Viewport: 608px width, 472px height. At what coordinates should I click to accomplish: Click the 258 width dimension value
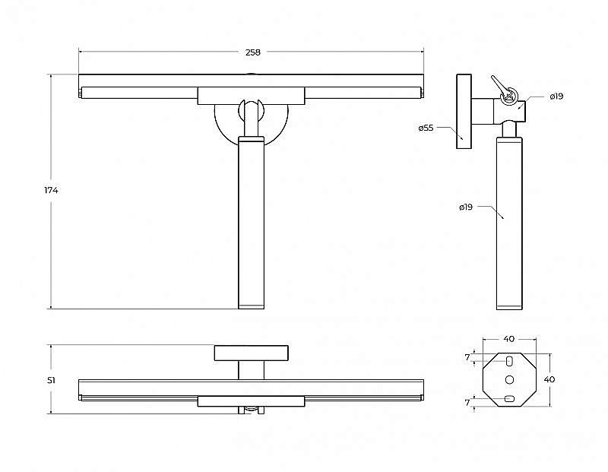pos(253,52)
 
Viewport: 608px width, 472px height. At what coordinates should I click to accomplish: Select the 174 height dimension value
pos(51,191)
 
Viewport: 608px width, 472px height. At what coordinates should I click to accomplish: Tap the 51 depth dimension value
pos(51,381)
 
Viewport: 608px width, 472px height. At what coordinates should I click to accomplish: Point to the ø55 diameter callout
pos(426,128)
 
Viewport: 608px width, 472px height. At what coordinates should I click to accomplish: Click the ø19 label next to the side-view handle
pos(466,207)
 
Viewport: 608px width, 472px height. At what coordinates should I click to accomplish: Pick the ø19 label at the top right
pos(556,97)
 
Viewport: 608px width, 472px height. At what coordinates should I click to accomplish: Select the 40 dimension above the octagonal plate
pos(508,339)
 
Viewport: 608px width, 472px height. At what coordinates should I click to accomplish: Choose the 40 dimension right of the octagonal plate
pos(549,379)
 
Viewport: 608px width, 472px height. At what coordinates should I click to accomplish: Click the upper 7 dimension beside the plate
pos(467,357)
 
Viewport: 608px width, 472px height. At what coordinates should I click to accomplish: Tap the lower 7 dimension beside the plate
pos(467,403)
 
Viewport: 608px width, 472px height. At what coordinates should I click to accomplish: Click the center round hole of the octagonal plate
pos(509,379)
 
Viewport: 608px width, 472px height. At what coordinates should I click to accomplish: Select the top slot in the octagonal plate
pos(509,361)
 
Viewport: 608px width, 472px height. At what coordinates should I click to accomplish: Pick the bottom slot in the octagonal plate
pos(509,398)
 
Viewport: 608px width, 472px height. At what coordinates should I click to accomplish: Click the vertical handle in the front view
pos(252,223)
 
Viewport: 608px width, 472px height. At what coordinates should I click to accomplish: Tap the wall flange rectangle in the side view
pos(464,111)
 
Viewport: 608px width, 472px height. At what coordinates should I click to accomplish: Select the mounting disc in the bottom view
pos(252,353)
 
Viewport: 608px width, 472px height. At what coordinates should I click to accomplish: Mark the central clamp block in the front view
pos(252,96)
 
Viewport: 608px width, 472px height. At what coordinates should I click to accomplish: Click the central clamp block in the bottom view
pos(252,401)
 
